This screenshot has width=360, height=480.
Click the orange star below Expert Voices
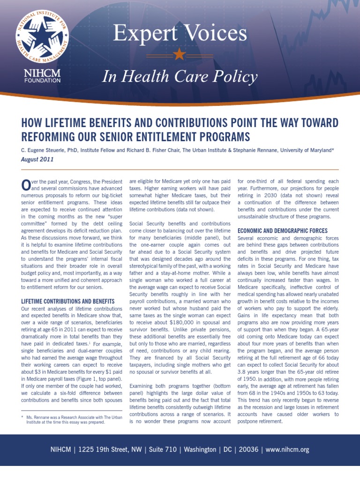180,54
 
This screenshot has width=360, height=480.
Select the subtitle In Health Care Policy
180,77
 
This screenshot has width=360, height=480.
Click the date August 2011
37,159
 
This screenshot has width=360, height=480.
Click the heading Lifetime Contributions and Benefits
68,301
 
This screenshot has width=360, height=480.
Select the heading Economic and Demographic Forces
282,231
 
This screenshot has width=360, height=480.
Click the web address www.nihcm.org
287,450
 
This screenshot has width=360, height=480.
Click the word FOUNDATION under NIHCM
42,80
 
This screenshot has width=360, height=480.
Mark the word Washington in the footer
200,450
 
